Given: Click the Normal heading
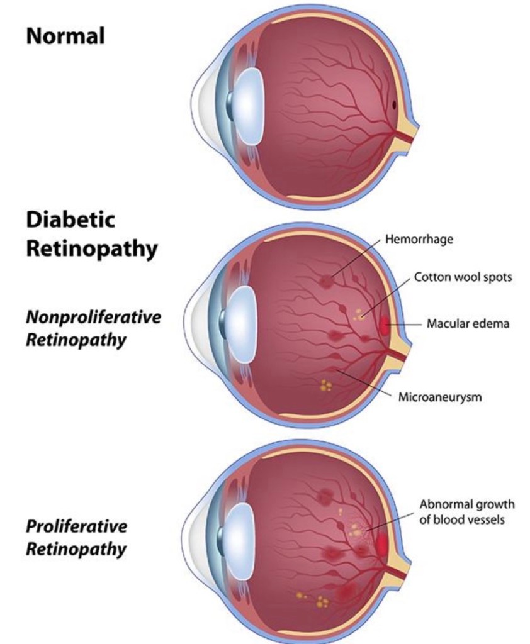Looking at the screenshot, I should (65, 36).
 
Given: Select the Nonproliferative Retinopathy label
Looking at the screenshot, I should (93, 328).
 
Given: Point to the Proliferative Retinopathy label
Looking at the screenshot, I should (76, 536).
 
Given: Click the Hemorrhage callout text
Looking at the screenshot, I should (419, 240).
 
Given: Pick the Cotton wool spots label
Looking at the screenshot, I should (463, 277).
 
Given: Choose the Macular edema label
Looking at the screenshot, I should (468, 324).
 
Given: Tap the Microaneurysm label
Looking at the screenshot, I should (440, 397).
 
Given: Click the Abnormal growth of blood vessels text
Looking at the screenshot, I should (466, 512).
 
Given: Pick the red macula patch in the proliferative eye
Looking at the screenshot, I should (381, 542).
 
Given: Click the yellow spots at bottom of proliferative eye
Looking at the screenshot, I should (319, 601).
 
